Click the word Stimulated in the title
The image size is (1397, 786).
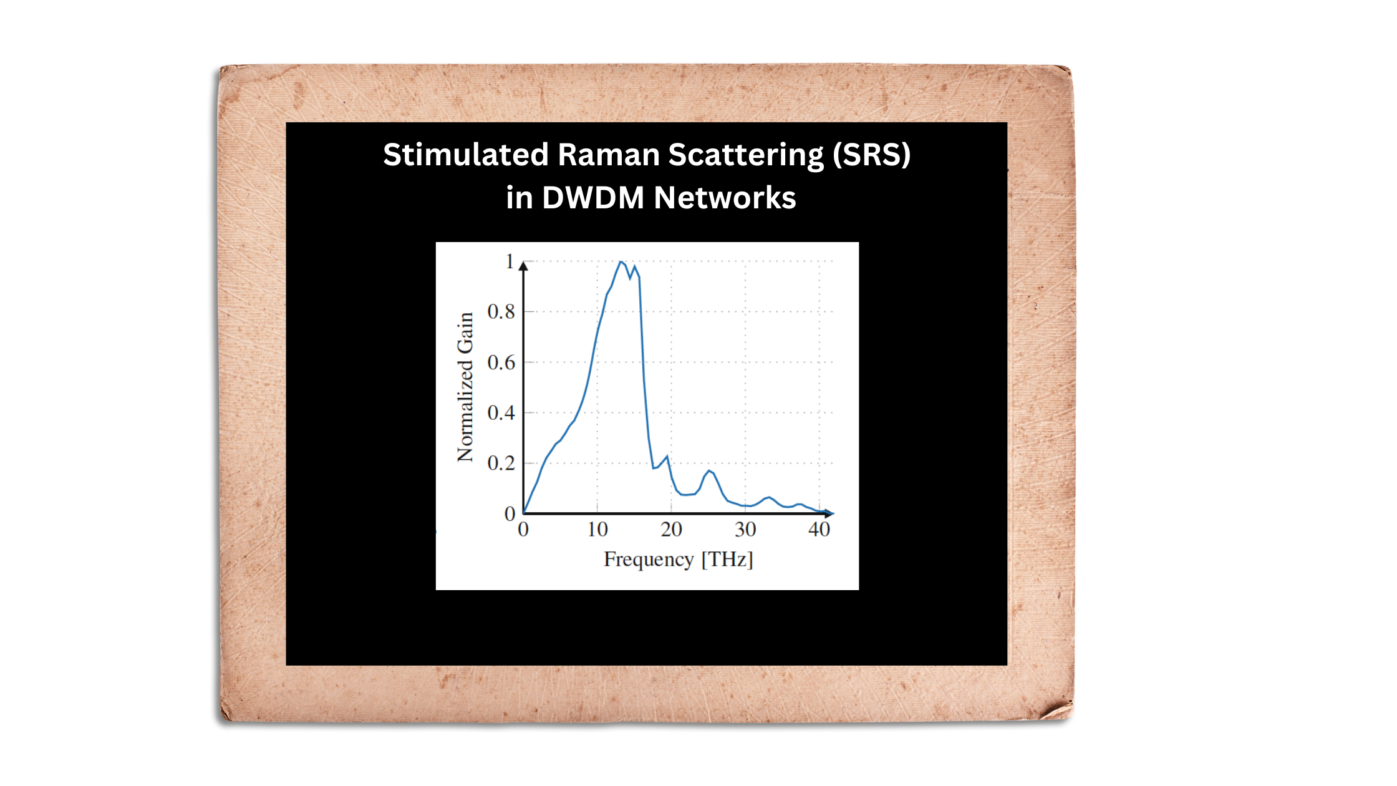pyautogui.click(x=466, y=154)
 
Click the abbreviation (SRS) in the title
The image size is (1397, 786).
pyautogui.click(x=872, y=155)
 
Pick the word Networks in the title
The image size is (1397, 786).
pyautogui.click(x=725, y=198)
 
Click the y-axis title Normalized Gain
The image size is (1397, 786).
pyautogui.click(x=465, y=387)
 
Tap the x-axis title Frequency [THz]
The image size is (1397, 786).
pyautogui.click(x=679, y=560)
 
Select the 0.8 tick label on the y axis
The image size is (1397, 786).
pyautogui.click(x=501, y=311)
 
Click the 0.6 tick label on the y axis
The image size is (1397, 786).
pyautogui.click(x=501, y=362)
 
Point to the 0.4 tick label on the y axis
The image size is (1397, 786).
pyautogui.click(x=501, y=412)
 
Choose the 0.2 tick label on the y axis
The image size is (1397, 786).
pyautogui.click(x=501, y=463)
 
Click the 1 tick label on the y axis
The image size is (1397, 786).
pyautogui.click(x=510, y=261)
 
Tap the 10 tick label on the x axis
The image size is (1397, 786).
pyautogui.click(x=597, y=530)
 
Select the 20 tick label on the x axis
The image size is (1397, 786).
pyautogui.click(x=671, y=530)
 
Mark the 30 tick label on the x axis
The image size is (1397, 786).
pyautogui.click(x=745, y=530)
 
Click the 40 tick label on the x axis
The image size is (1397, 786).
pyautogui.click(x=819, y=530)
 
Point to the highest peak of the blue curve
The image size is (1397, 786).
pyautogui.click(x=621, y=262)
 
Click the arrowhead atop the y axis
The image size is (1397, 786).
pyautogui.click(x=523, y=266)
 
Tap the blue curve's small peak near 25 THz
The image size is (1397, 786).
pyautogui.click(x=708, y=471)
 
